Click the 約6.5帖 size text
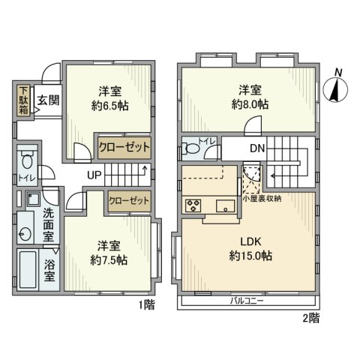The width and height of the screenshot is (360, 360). (x=110, y=106)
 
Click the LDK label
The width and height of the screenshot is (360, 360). (x=251, y=241)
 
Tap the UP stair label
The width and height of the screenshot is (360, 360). (x=94, y=176)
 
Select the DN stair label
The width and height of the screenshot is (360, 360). (x=257, y=149)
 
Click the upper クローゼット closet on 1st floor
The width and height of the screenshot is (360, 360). (x=124, y=147)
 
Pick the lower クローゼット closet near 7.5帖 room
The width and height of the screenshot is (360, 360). (x=129, y=200)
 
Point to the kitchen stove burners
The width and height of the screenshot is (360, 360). (x=192, y=205)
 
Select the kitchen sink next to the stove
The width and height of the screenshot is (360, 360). (x=223, y=205)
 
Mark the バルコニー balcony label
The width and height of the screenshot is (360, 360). (x=247, y=301)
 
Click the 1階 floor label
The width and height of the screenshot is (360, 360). (x=146, y=305)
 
